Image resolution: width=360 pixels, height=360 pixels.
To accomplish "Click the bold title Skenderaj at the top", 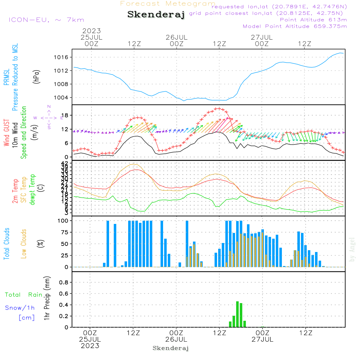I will pyautogui.click(x=156, y=15).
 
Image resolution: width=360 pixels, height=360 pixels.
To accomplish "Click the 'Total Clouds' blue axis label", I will pyautogui.click(x=7, y=244).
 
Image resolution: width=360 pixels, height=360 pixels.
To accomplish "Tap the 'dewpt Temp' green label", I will pyautogui.click(x=32, y=190).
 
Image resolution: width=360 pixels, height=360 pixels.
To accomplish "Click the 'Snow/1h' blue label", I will pyautogui.click(x=20, y=308).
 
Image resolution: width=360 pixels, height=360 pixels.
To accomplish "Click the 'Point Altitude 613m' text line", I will pyautogui.click(x=313, y=19).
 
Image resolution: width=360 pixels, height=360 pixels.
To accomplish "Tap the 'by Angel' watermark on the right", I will pyautogui.click(x=352, y=249).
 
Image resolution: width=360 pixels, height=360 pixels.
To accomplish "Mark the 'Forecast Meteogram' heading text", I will pyautogui.click(x=168, y=4).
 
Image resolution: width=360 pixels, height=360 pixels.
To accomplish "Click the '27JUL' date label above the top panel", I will pyautogui.click(x=262, y=37).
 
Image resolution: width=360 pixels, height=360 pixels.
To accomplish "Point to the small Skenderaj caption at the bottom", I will pyautogui.click(x=171, y=348).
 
